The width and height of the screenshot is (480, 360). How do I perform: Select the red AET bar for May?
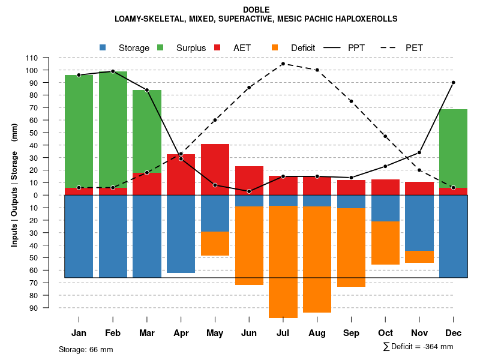click(215, 169)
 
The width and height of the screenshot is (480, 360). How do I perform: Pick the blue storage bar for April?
click(181, 234)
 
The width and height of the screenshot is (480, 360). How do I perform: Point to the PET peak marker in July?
click(283, 64)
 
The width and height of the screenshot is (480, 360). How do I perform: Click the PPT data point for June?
click(249, 191)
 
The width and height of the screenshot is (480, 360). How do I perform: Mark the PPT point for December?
click(453, 82)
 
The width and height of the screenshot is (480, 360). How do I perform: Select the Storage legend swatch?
click(103, 47)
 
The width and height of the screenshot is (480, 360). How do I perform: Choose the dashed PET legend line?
click(389, 47)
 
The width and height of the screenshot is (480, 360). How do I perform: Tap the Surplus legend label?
click(191, 48)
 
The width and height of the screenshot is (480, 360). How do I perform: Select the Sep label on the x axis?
click(351, 333)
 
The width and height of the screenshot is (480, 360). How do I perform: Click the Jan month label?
click(79, 333)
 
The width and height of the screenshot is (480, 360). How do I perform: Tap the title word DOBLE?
click(256, 10)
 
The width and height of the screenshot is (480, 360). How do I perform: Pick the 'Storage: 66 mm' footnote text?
click(86, 349)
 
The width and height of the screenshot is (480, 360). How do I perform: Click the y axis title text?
click(14, 185)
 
